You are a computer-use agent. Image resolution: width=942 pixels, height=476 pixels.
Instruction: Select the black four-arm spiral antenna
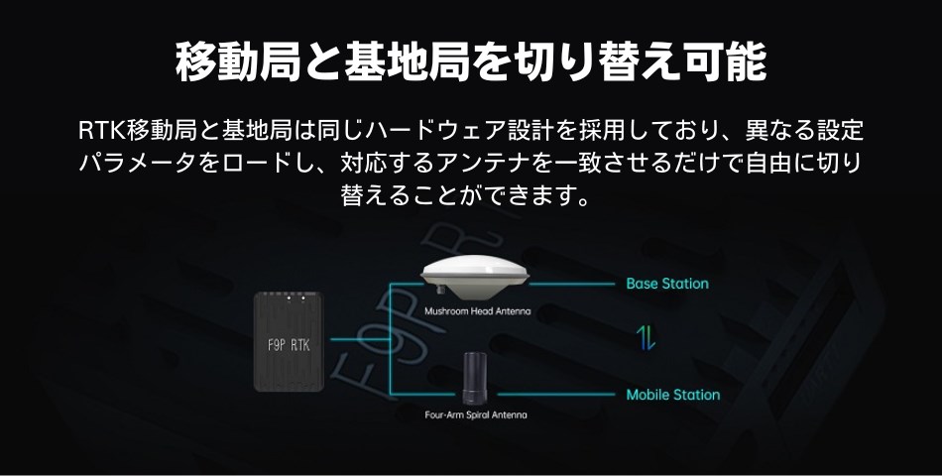[477, 378]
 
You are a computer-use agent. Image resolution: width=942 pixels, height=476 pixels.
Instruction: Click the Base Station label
[667, 284]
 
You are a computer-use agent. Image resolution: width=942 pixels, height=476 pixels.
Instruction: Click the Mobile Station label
[672, 395]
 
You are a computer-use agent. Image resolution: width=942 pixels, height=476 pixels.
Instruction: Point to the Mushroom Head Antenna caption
[477, 310]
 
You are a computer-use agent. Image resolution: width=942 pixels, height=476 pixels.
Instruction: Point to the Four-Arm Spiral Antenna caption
[477, 415]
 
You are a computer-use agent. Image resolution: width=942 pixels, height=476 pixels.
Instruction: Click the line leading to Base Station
[575, 284]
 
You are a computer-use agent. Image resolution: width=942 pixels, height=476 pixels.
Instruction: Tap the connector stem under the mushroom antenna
[439, 292]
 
